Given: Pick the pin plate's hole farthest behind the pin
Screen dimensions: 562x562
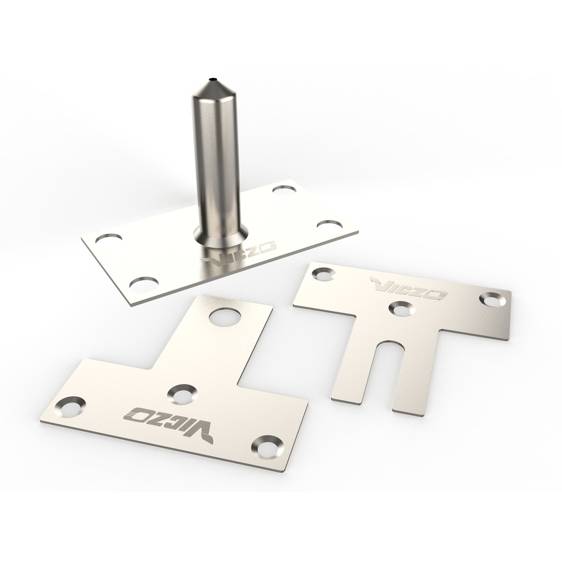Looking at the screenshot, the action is click(x=286, y=189).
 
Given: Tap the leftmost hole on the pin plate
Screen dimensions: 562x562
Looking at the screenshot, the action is click(x=109, y=238).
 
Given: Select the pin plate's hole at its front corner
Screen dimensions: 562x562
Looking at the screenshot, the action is click(x=144, y=284).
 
